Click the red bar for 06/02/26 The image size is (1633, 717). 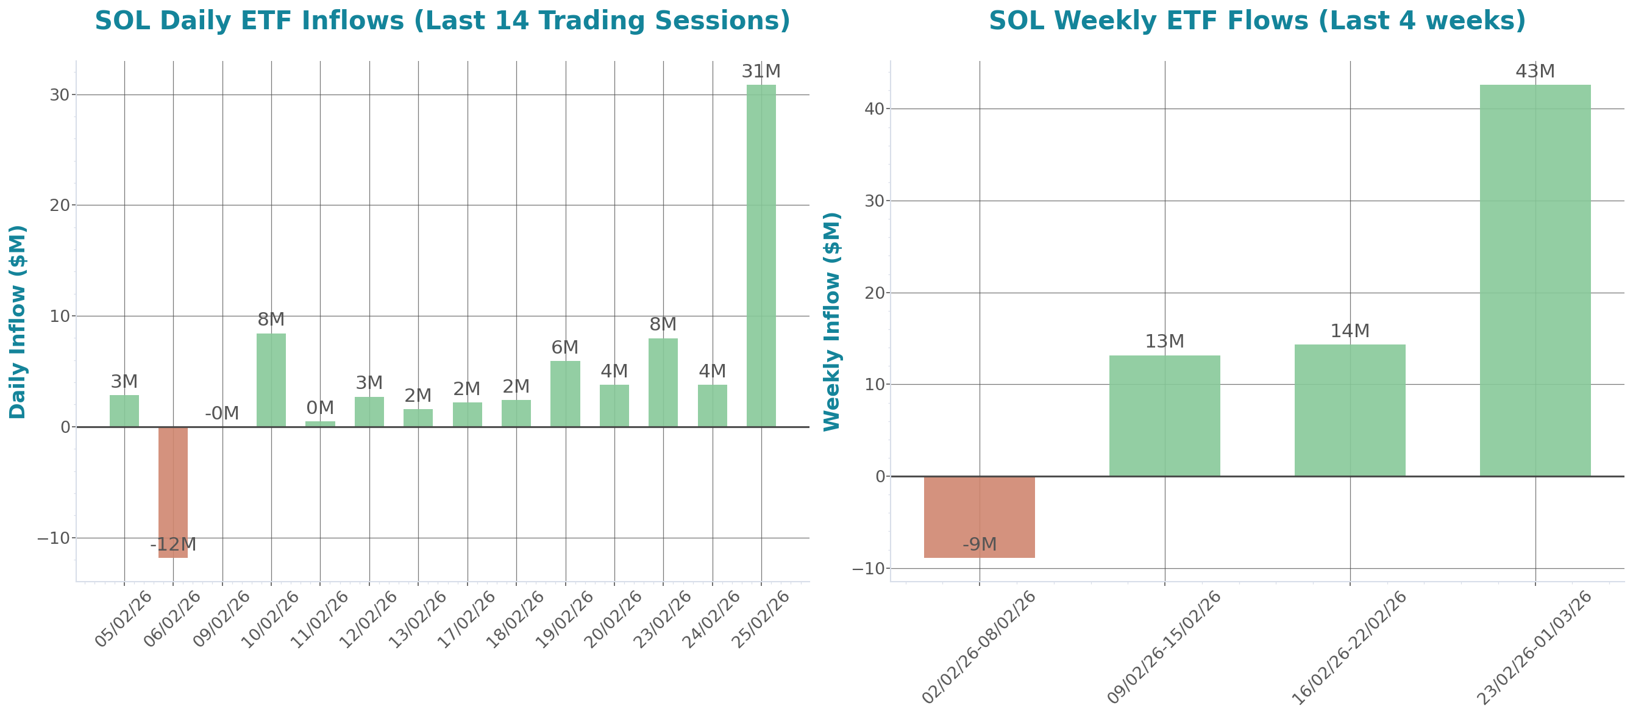[173, 491]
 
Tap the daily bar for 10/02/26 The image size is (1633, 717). [271, 380]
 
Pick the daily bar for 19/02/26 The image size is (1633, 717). [565, 394]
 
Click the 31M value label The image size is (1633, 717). [761, 71]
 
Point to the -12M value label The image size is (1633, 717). [173, 544]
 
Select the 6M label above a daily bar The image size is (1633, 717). [565, 348]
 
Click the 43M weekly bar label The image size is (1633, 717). [1535, 71]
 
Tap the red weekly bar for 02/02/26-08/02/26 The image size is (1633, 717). [980, 516]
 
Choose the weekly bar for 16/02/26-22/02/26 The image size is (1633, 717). [1350, 410]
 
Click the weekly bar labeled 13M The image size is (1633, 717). [1164, 415]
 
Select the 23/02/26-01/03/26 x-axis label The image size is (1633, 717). [1534, 648]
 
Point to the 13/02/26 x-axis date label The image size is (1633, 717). [418, 619]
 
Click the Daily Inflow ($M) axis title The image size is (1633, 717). [18, 322]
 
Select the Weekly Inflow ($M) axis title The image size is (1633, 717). [831, 322]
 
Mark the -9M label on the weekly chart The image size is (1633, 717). [980, 544]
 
